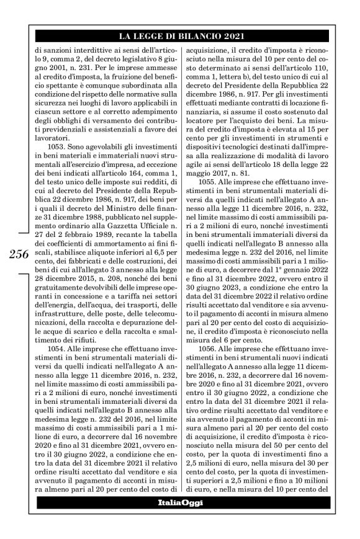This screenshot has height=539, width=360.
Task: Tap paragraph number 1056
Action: tap(208, 349)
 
